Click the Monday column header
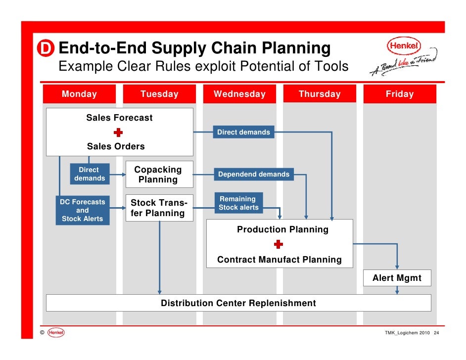[x=79, y=94]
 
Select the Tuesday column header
[x=159, y=94]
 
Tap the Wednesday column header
[x=239, y=94]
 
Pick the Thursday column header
[x=320, y=94]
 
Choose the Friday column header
[x=400, y=94]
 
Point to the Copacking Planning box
[x=158, y=175]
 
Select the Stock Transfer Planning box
[x=159, y=208]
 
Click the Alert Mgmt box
[x=397, y=278]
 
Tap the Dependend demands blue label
[x=254, y=174]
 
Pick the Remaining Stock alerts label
[x=238, y=203]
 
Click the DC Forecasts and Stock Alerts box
[x=83, y=210]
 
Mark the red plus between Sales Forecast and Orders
[x=118, y=132]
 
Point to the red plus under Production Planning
[x=279, y=244]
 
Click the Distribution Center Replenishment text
[x=238, y=303]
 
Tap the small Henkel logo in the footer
[x=56, y=333]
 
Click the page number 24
[x=436, y=333]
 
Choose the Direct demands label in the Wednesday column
[x=244, y=132]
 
